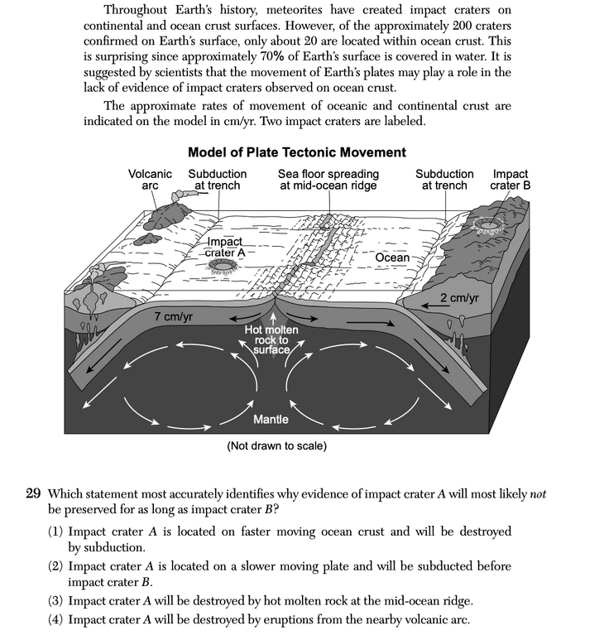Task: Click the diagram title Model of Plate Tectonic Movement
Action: [x=297, y=152]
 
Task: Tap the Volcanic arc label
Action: [x=150, y=180]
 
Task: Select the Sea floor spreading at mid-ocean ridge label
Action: [x=328, y=180]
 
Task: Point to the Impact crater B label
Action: [x=510, y=180]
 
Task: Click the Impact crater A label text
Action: [x=223, y=247]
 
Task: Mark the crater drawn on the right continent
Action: [x=489, y=224]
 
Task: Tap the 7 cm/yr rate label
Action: [x=174, y=317]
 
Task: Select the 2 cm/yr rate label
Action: [x=459, y=298]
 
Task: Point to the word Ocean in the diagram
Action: [x=392, y=257]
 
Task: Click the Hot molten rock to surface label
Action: [x=271, y=339]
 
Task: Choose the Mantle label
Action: [x=271, y=419]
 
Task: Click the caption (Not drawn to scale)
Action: [x=276, y=446]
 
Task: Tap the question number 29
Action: [x=33, y=494]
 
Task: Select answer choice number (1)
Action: [x=56, y=531]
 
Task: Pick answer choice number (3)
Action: [x=56, y=602]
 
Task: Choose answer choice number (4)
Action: [x=56, y=620]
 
